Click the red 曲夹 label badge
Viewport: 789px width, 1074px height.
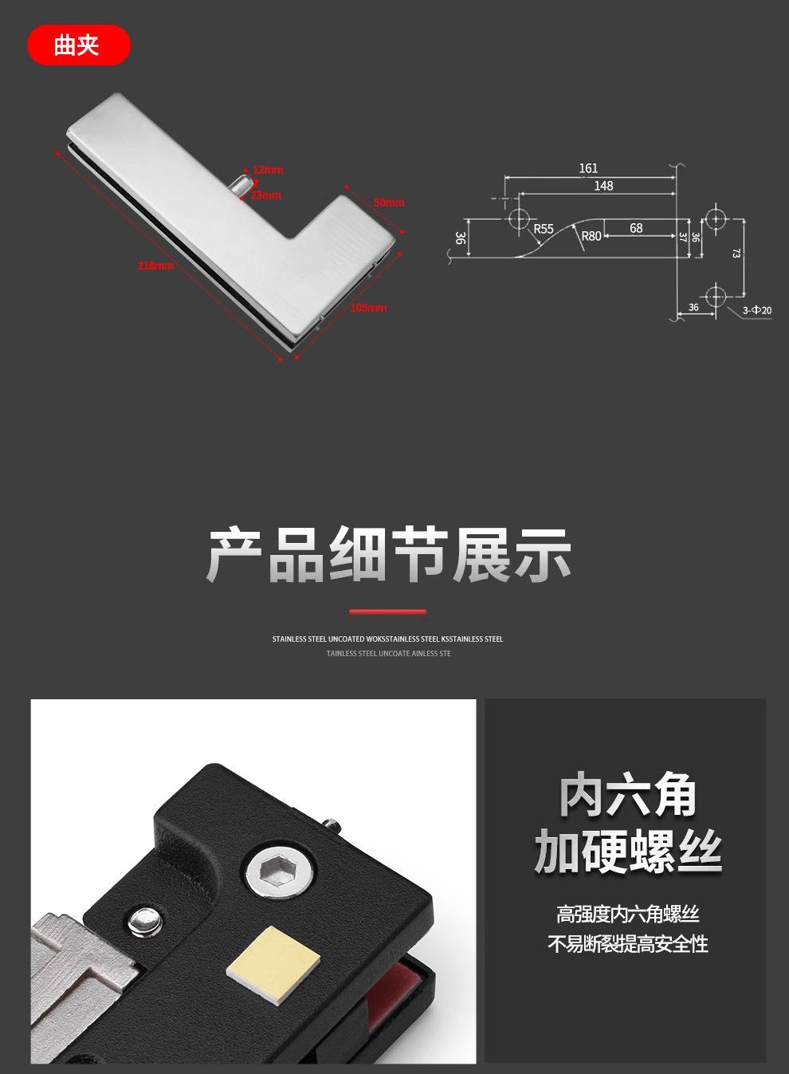tap(78, 45)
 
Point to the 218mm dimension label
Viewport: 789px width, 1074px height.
tap(155, 266)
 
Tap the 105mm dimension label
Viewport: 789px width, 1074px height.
tap(368, 308)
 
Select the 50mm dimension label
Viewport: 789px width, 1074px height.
tap(389, 203)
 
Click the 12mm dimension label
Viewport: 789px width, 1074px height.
tap(268, 170)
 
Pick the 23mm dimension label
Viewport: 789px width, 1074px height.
tap(266, 195)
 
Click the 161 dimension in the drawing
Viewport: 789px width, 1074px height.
tap(588, 168)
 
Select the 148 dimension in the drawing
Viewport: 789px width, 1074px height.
tap(603, 186)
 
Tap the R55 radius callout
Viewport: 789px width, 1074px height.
tap(544, 229)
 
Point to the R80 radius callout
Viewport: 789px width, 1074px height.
tap(591, 236)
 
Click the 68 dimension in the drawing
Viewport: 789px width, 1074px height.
tap(636, 228)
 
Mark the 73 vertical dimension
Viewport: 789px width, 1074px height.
tap(736, 254)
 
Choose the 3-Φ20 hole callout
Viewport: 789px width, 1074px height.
tap(756, 309)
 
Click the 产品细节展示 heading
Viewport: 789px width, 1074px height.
tap(389, 555)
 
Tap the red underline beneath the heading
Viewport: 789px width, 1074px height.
tap(388, 612)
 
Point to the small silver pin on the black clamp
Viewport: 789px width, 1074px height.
tap(144, 921)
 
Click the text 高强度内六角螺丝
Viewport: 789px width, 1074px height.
tap(628, 914)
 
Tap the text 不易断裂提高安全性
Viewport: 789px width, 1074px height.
tap(628, 945)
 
